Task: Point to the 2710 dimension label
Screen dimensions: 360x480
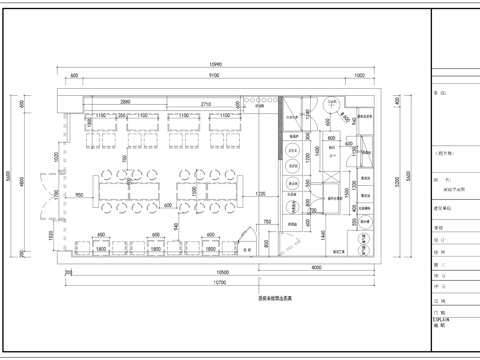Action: pyautogui.click(x=205, y=103)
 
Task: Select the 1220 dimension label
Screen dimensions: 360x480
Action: pyautogui.click(x=260, y=192)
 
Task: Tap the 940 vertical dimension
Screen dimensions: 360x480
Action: pyautogui.click(x=176, y=228)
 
